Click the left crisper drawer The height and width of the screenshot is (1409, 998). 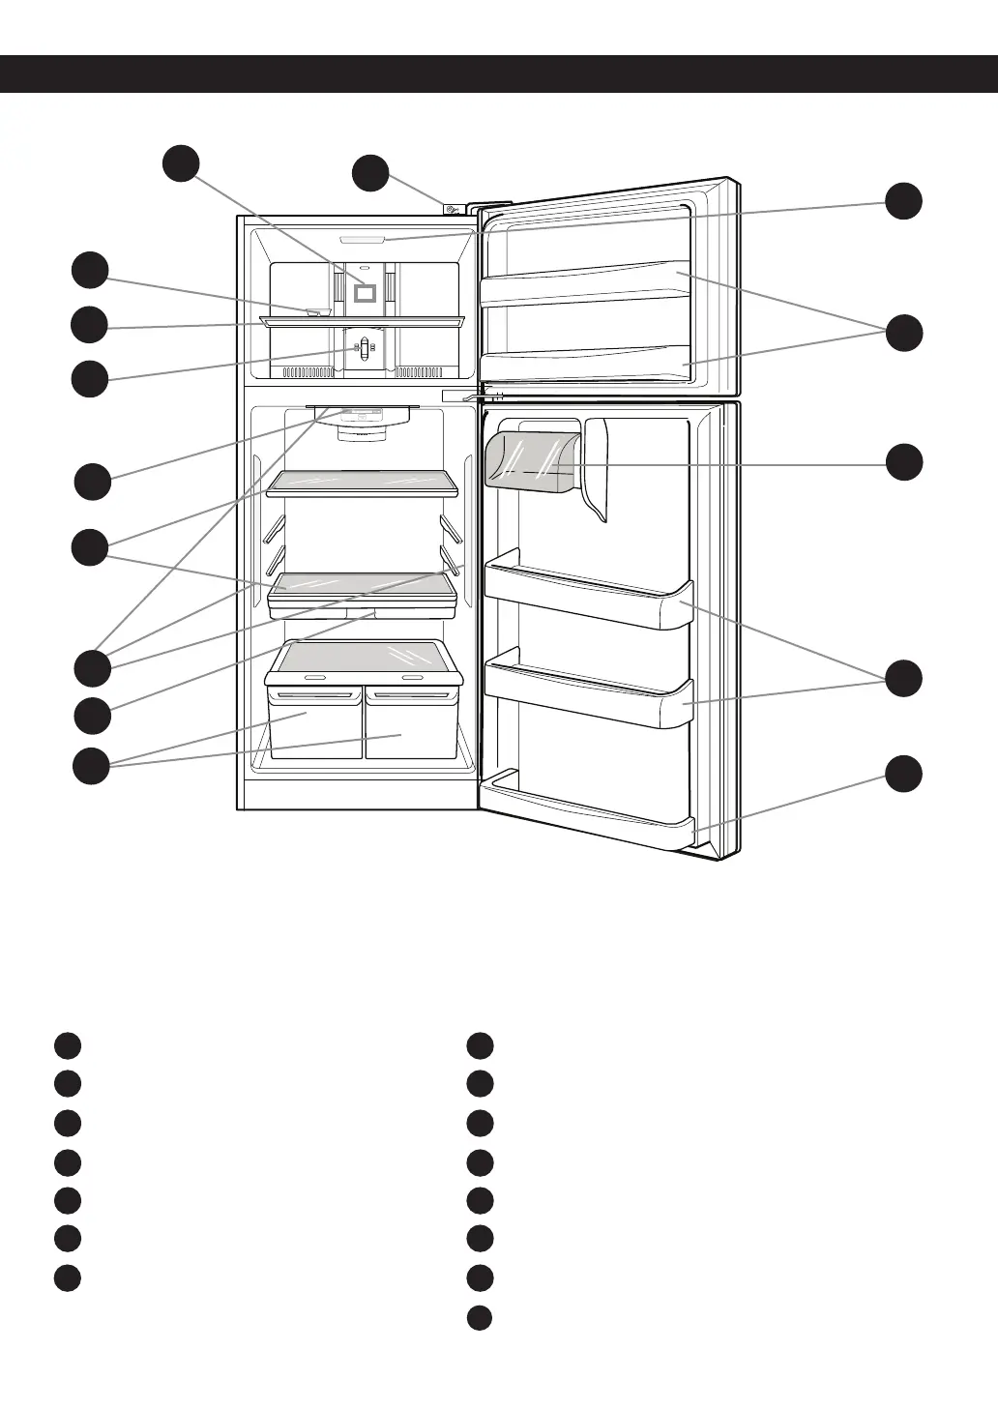coord(314,724)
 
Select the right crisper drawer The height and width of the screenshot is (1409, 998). coord(409,724)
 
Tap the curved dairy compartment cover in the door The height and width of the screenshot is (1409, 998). coord(531,458)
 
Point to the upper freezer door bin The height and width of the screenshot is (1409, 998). coord(586,283)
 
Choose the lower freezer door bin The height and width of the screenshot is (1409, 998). coord(586,364)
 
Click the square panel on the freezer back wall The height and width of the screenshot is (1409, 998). coord(365,289)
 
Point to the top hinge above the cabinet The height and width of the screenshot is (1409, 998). coord(452,206)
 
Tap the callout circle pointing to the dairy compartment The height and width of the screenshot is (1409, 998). coord(904,461)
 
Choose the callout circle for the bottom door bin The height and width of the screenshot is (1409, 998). coord(904,774)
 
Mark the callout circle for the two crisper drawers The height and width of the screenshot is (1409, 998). coord(92,766)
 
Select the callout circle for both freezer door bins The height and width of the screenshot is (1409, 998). coord(904,333)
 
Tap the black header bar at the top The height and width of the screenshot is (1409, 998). coord(499,73)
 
